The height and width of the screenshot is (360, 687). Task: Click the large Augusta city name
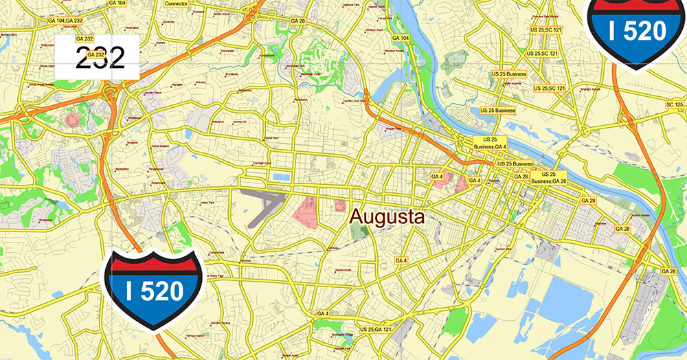pos(387,218)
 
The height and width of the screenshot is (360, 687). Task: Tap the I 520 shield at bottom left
pos(155,291)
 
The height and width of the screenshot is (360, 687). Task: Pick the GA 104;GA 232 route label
pos(65,21)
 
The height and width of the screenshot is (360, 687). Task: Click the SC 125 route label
pos(675,104)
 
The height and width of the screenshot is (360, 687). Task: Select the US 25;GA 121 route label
pos(377,330)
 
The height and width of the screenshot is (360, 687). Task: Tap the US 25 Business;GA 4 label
pos(491,143)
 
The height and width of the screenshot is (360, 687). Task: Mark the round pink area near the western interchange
pos(73,120)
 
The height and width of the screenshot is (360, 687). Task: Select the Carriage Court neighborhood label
pos(262,164)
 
